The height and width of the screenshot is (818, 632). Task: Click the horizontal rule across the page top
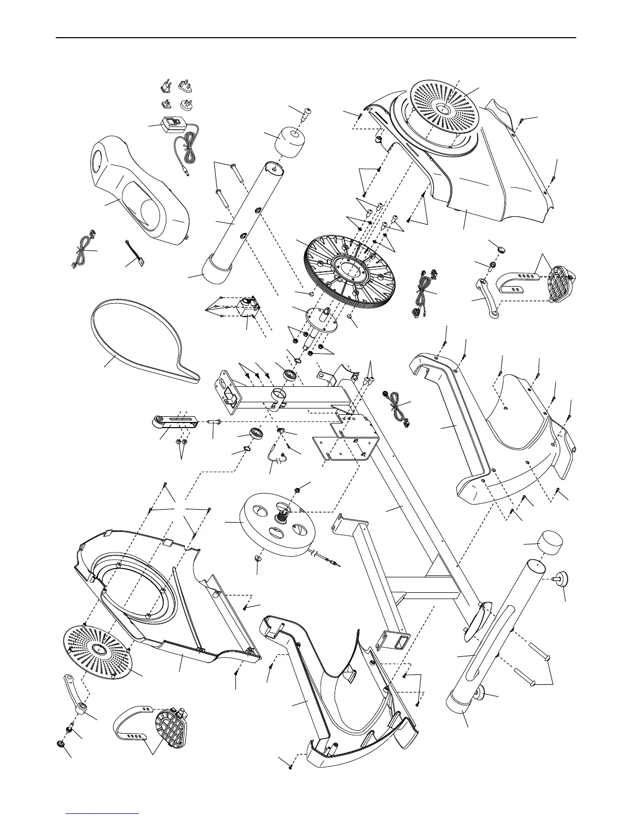(316, 38)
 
